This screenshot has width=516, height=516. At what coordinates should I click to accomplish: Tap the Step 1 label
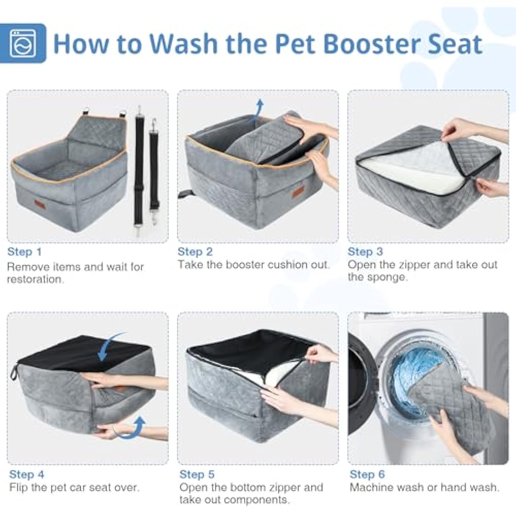click(x=24, y=252)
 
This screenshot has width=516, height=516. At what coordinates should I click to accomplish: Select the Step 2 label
click(x=195, y=252)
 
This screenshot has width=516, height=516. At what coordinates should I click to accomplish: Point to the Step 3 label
click(x=365, y=252)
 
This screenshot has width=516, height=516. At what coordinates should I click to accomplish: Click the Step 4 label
click(x=27, y=474)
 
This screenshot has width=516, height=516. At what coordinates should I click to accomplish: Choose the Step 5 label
click(x=197, y=474)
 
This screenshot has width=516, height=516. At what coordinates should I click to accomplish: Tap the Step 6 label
click(x=367, y=474)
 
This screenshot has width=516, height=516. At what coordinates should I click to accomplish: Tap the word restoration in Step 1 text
click(x=35, y=280)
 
